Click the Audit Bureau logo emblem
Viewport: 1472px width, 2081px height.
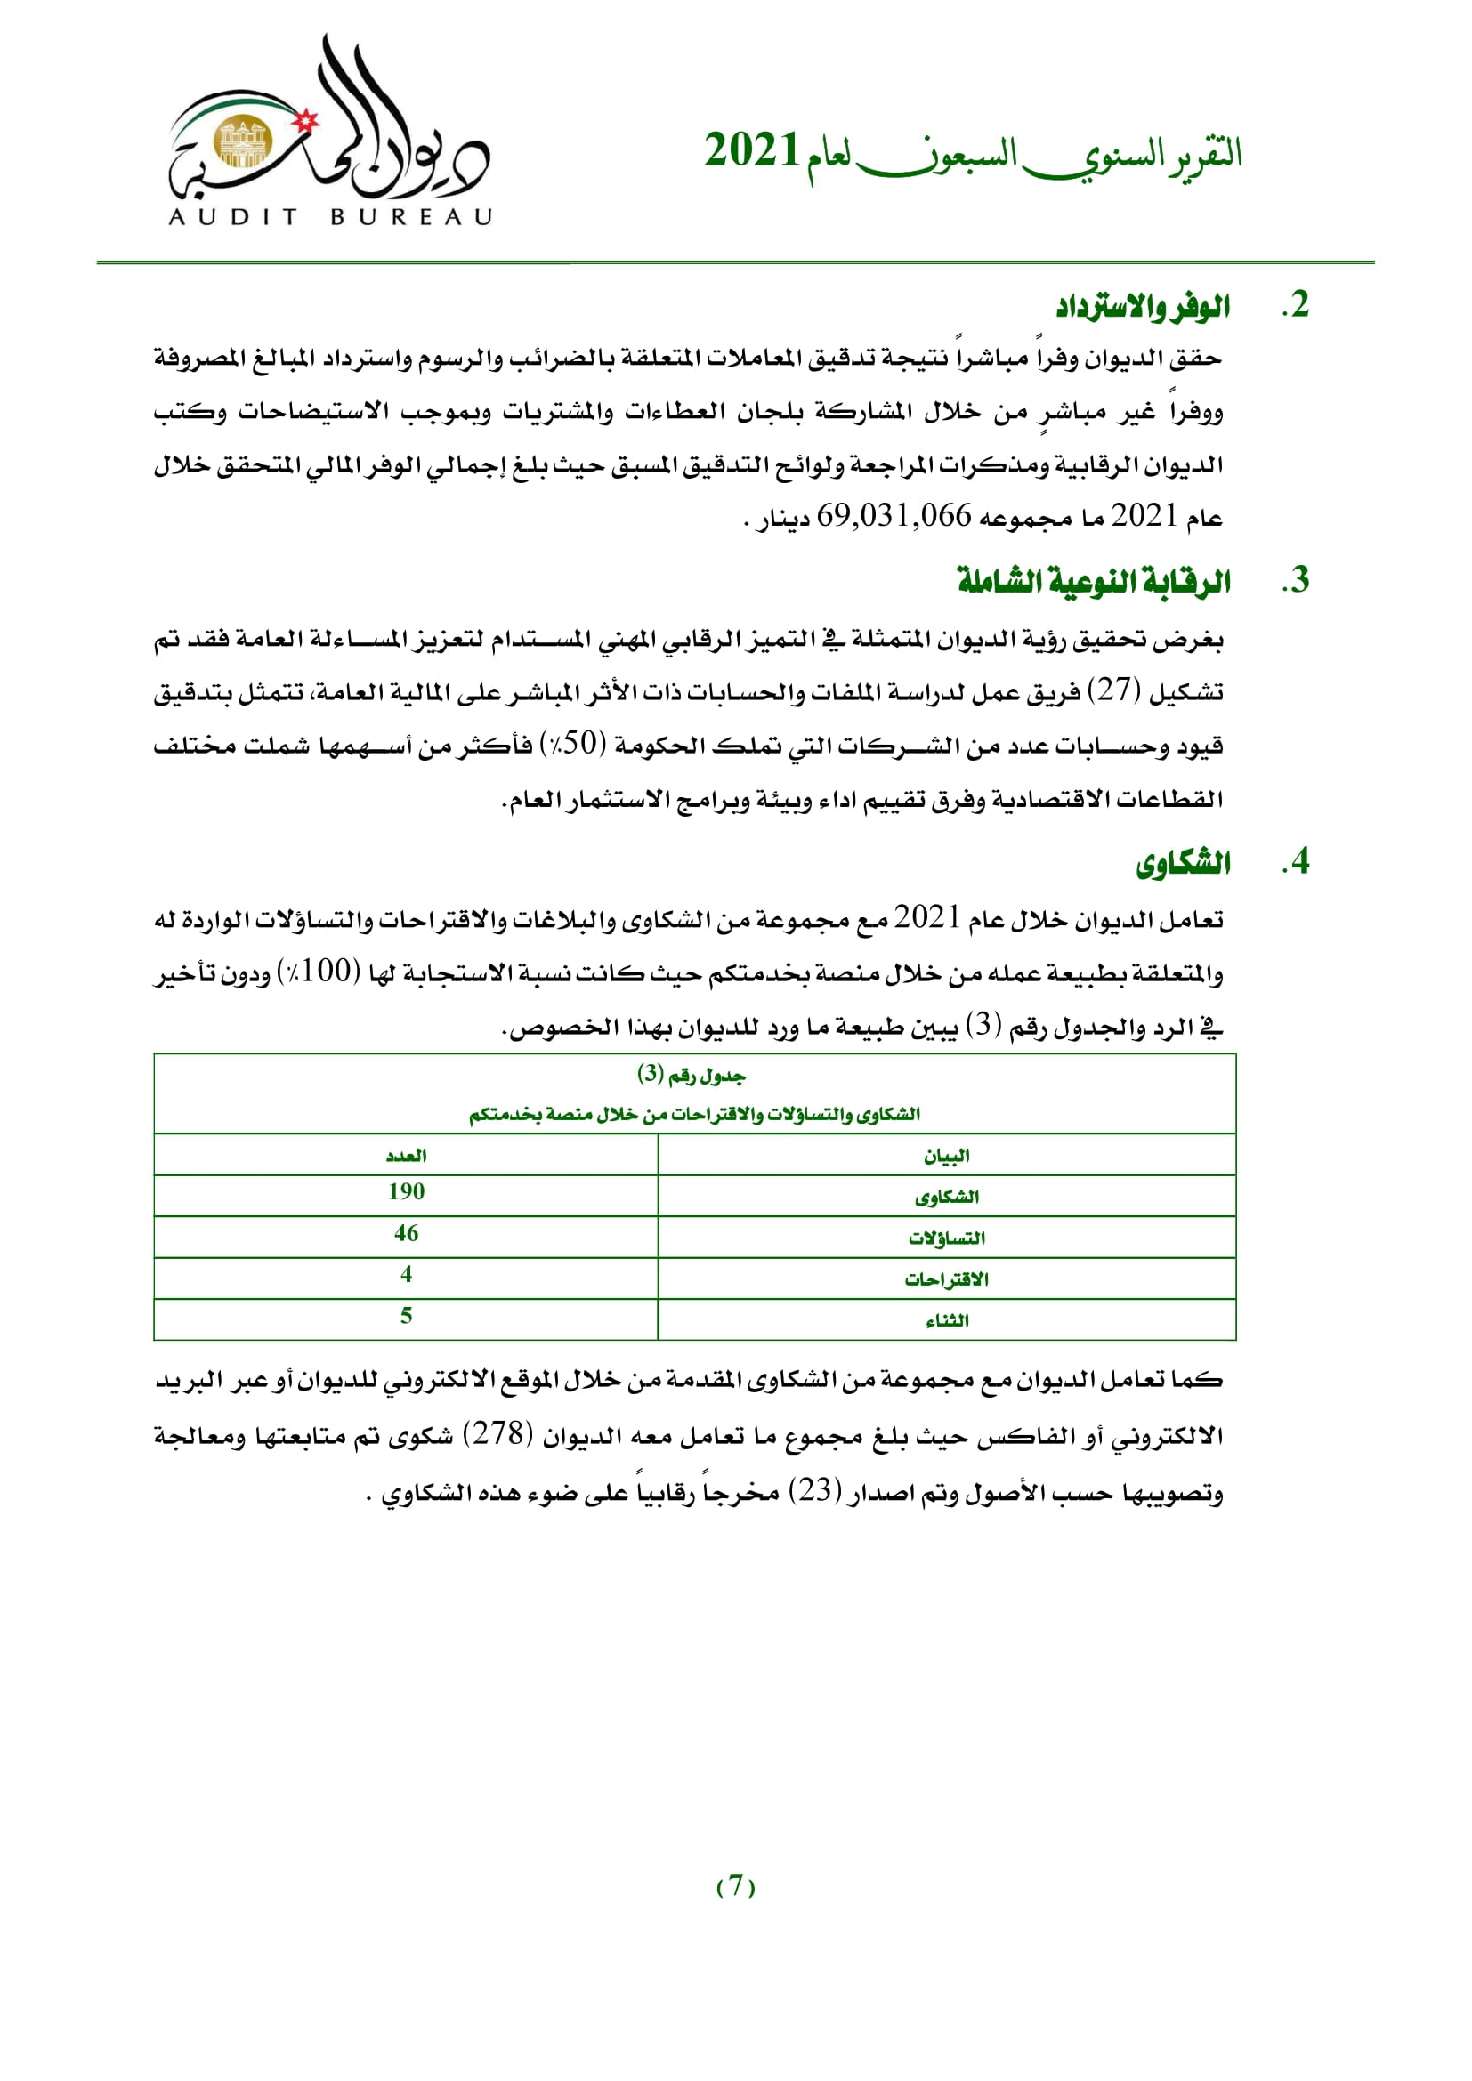329,132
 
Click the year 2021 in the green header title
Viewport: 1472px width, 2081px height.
751,151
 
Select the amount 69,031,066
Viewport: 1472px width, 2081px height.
893,517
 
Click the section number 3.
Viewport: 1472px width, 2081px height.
1296,581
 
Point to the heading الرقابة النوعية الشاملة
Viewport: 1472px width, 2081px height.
1093,581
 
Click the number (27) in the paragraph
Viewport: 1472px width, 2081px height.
1114,691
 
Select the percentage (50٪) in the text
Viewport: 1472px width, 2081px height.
573,744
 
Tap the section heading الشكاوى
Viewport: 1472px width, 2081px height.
1183,863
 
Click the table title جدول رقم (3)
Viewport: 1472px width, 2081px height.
692,1076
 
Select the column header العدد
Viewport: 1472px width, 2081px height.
405,1156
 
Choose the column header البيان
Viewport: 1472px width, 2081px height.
946,1156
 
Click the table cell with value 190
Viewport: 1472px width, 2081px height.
405,1192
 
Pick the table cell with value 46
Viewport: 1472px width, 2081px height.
405,1233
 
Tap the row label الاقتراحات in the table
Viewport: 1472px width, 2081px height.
946,1278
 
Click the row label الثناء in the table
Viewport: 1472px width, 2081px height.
946,1320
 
